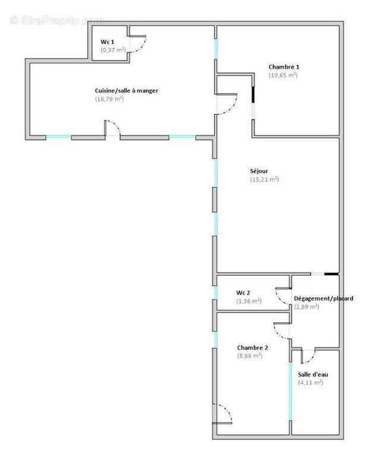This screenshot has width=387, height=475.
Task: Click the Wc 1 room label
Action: pos(106,42)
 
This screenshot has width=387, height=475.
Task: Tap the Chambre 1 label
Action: pos(284,66)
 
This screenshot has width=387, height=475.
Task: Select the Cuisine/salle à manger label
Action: pos(127,90)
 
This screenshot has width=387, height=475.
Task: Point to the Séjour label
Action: pos(259,171)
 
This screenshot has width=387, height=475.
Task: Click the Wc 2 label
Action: pos(243,293)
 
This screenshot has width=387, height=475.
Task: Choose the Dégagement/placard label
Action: pos(323,298)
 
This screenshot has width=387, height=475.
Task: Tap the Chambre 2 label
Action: pos(252,347)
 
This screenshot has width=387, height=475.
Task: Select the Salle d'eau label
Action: pos(313,374)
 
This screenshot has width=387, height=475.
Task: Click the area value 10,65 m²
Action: pos(283,75)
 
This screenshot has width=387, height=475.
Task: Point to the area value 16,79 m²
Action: pos(109,99)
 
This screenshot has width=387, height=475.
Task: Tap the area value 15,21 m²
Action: pos(265,179)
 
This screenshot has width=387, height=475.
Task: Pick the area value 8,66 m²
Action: pos(250,356)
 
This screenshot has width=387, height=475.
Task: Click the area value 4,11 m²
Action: pos(310,383)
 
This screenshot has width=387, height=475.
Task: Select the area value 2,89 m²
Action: pos(307,307)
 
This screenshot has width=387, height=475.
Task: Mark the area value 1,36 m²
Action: pos(248,301)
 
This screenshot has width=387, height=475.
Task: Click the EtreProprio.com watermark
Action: pos(57,21)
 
